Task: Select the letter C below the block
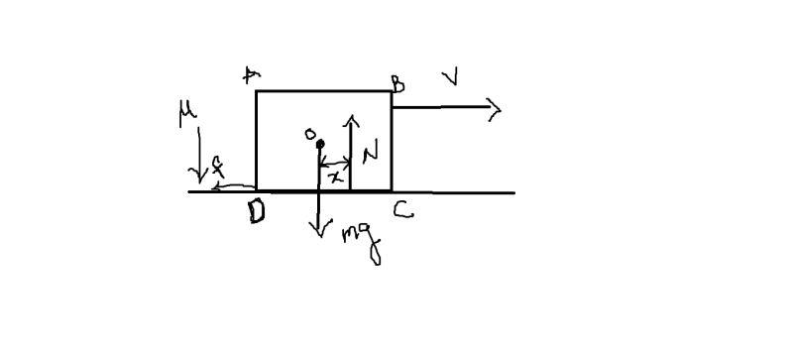click(x=400, y=209)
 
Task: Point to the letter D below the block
click(x=257, y=211)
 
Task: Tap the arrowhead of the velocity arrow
click(x=496, y=109)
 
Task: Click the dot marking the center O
click(x=319, y=145)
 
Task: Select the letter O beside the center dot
click(x=309, y=133)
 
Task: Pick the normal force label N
click(x=370, y=153)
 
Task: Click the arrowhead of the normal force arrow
click(x=351, y=118)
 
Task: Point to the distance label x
click(x=336, y=176)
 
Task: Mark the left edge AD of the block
click(x=257, y=139)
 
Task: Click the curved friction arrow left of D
click(x=234, y=185)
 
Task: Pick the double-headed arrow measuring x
click(x=335, y=163)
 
